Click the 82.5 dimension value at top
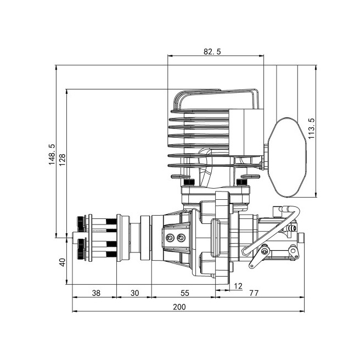(212, 52)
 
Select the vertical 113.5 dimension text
(311, 130)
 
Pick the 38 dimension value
(95, 293)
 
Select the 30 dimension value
(134, 293)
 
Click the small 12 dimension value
(238, 285)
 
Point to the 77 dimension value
(254, 293)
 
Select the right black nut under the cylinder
(240, 182)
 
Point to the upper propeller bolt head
(82, 224)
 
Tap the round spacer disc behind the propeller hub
(145, 238)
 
